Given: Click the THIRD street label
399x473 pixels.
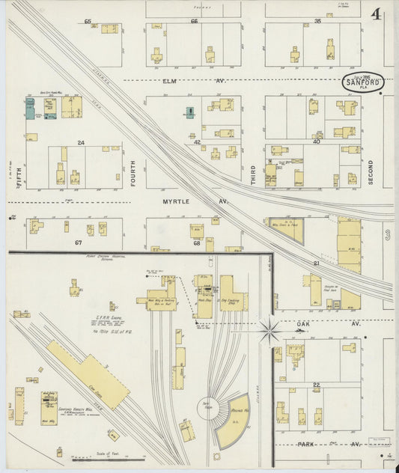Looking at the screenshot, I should click(253, 175).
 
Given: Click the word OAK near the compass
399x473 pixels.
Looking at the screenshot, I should click(303, 323).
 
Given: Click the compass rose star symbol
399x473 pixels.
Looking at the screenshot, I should click(269, 328).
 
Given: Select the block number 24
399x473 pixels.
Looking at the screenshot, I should click(81, 142).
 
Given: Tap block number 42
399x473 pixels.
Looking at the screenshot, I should click(198, 141).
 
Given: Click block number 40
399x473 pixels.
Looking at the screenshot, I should click(317, 141).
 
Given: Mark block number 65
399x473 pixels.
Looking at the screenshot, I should click(88, 22).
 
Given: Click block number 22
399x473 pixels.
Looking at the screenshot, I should click(317, 385).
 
